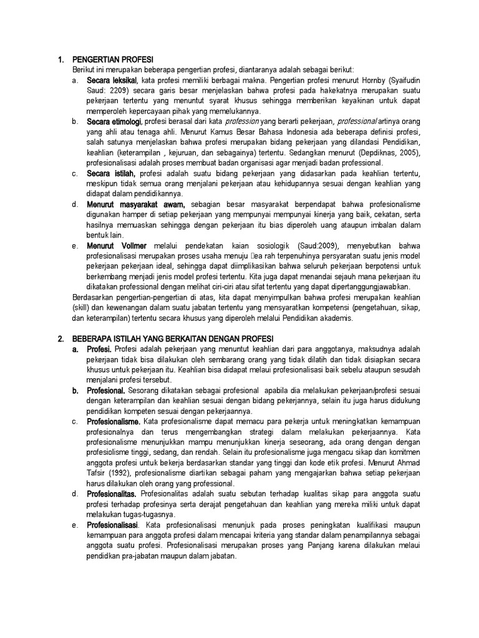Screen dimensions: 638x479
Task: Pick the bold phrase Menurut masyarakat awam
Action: click(x=136, y=204)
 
